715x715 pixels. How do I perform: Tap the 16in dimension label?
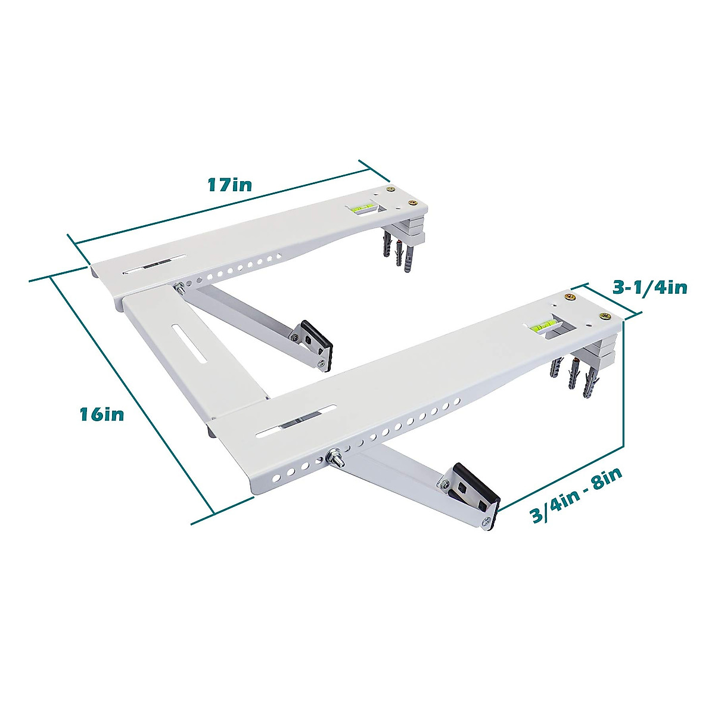pos(102,414)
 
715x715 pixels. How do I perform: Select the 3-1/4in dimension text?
pos(651,288)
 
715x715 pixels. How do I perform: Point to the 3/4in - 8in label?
pos(577,495)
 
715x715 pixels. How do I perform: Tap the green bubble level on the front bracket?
pos(542,326)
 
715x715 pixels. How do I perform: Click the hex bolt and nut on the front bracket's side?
pos(335,458)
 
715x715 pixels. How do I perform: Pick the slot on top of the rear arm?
pos(153,265)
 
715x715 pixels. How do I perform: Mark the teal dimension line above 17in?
pos(226,202)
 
